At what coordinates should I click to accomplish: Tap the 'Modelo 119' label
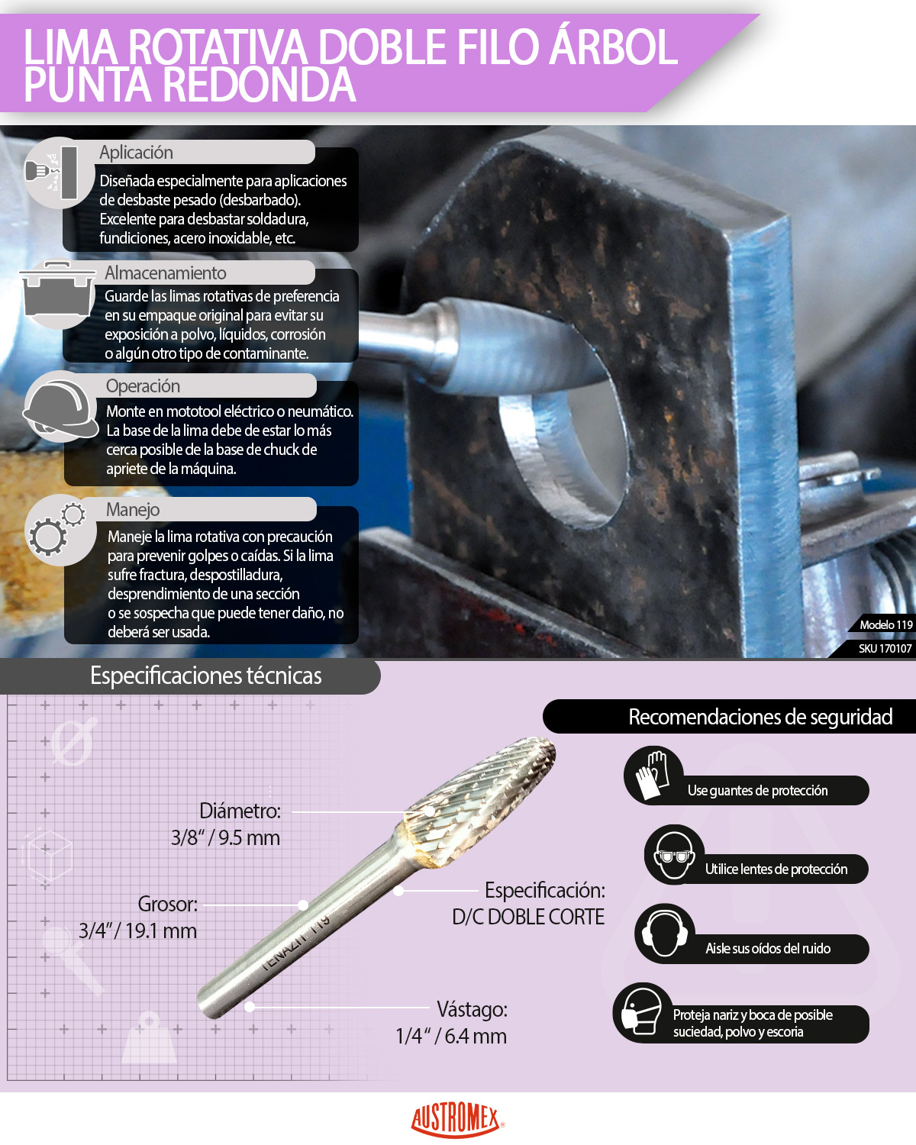click(x=885, y=624)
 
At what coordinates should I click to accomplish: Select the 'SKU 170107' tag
click(x=885, y=648)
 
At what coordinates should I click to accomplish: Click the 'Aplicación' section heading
click(x=137, y=153)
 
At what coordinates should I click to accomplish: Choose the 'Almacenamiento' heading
click(x=166, y=273)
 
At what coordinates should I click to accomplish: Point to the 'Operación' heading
click(x=143, y=385)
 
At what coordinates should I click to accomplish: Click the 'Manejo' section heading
click(x=133, y=510)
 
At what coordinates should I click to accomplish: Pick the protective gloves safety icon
click(x=653, y=775)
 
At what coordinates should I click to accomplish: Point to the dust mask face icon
click(x=642, y=1011)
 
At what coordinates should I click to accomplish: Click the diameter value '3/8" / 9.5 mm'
click(x=225, y=837)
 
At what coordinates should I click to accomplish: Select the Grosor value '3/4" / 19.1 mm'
click(x=138, y=931)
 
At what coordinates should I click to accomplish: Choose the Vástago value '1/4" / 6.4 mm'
click(x=451, y=1035)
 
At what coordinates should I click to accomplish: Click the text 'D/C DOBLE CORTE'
click(x=528, y=917)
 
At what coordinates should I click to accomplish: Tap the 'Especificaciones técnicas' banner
click(x=205, y=676)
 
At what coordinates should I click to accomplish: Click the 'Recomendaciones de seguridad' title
click(x=760, y=717)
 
